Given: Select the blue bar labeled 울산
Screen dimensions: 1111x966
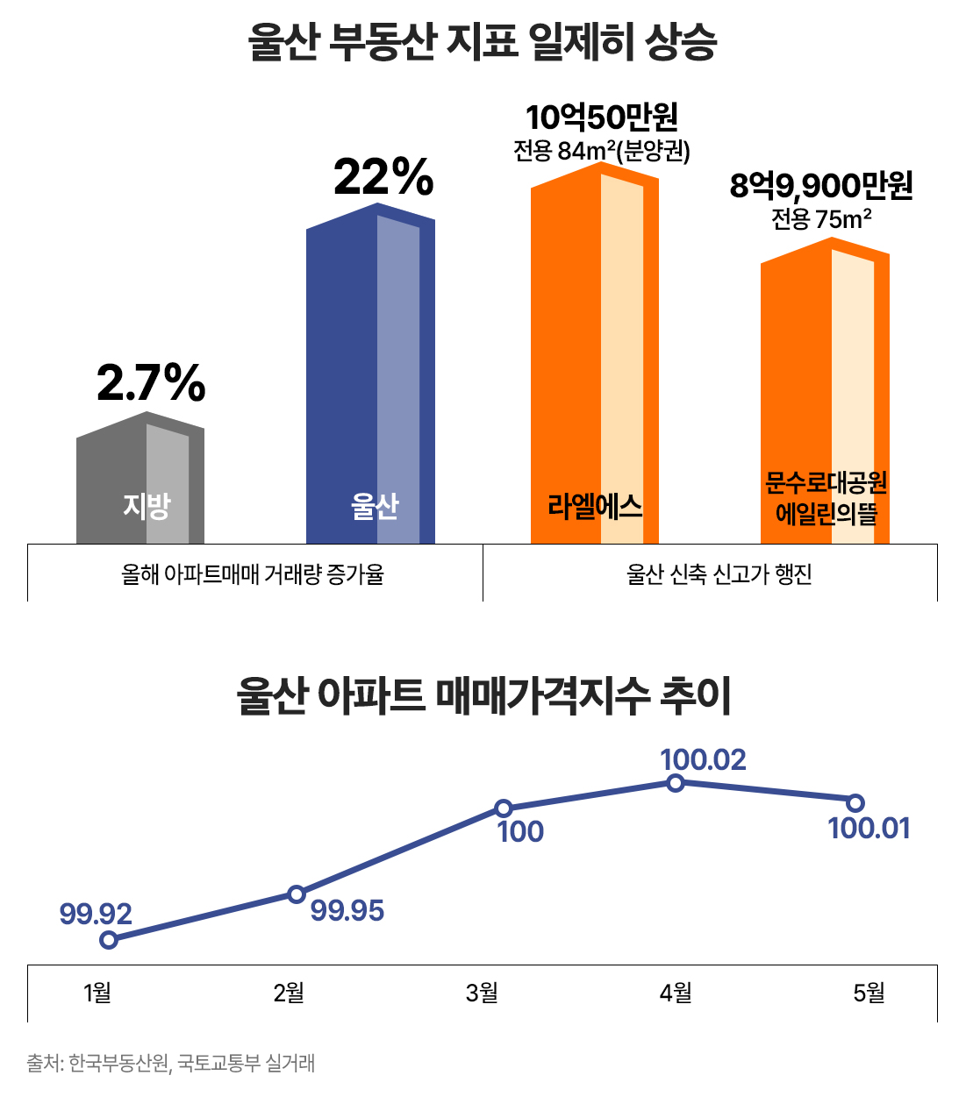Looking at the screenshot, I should pyautogui.click(x=370, y=377).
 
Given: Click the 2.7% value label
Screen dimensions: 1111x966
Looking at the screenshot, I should pyautogui.click(x=151, y=383).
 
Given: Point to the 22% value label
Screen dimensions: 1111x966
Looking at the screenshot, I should pyautogui.click(x=383, y=178).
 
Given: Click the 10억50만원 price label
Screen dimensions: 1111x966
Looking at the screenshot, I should pyautogui.click(x=602, y=118).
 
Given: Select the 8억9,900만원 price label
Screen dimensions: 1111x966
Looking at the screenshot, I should pyautogui.click(x=821, y=186).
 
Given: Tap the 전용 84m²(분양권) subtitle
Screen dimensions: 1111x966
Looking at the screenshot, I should pyautogui.click(x=602, y=151).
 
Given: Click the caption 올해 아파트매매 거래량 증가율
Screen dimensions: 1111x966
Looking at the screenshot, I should pyautogui.click(x=253, y=574).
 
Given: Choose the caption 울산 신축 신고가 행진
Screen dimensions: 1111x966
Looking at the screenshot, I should pyautogui.click(x=719, y=574).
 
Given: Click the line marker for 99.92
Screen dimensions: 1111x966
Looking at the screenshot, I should pyautogui.click(x=109, y=940).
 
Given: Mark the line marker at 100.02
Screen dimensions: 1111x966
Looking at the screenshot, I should pyautogui.click(x=676, y=783).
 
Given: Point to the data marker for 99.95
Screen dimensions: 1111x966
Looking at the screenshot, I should pyautogui.click(x=297, y=894).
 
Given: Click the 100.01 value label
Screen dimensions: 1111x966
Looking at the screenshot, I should pyautogui.click(x=869, y=829).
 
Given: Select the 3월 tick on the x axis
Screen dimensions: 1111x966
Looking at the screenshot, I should pyautogui.click(x=482, y=993).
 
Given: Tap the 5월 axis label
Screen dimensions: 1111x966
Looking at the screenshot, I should pyautogui.click(x=869, y=993).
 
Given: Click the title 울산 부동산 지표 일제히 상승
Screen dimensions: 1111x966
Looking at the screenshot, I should pyautogui.click(x=483, y=41).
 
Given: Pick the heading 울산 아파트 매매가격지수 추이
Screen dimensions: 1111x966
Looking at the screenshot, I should pyautogui.click(x=483, y=696).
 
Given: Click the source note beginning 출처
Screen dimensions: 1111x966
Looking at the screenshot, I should pyautogui.click(x=170, y=1064).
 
